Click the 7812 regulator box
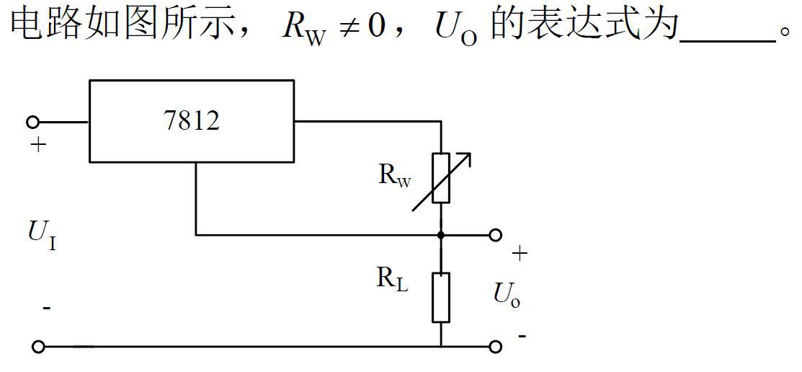point(191,120)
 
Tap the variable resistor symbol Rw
point(441,177)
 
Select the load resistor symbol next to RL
point(441,297)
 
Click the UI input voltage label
point(42,235)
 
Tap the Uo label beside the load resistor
point(507,294)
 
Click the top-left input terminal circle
point(32,122)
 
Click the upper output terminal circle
point(495,234)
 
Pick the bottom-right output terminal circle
point(495,347)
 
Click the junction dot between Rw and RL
point(441,234)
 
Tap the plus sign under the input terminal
point(37,145)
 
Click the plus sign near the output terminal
point(520,253)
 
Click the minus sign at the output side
point(522,336)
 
